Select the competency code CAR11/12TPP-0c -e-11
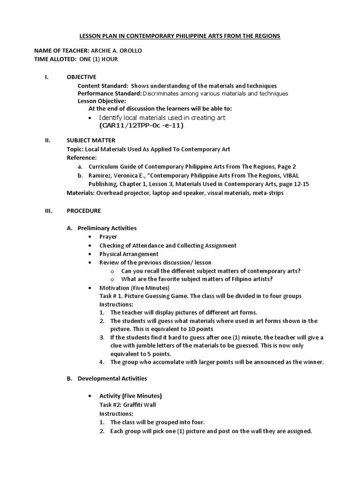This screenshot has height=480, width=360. tap(141, 126)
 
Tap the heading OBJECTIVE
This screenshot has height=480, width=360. tap(82, 77)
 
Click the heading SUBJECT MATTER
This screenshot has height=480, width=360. tap(91, 140)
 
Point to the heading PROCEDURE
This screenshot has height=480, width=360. tap(84, 210)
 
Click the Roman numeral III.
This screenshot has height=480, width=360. tap(48, 210)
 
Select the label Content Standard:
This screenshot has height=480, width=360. tap(103, 86)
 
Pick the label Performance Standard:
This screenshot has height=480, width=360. tap(110, 94)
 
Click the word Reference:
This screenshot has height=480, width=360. tap(82, 157)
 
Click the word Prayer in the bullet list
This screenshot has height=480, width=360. tap(108, 237)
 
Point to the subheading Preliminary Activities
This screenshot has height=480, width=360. tap(107, 228)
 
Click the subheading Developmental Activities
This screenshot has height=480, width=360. tap(112, 378)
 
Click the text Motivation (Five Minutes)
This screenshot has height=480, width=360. tap(135, 287)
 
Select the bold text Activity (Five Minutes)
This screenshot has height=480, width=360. tap(131, 396)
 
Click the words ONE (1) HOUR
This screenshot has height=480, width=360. tap(99, 59)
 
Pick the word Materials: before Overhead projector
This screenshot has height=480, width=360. tap(82, 193)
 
